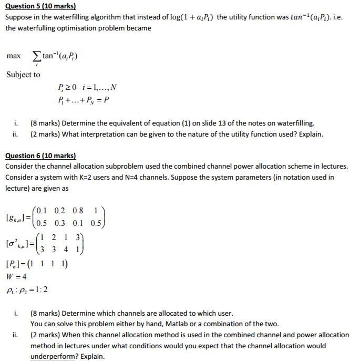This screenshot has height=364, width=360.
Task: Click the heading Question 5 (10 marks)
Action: pos(40,7)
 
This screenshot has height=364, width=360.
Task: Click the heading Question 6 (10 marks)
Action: pos(40,156)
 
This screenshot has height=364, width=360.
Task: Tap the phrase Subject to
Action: pos(23,75)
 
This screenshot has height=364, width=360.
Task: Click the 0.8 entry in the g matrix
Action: pos(78,211)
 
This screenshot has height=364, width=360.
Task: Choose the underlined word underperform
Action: pos(54,357)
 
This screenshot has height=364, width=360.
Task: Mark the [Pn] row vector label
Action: pos(12,264)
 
